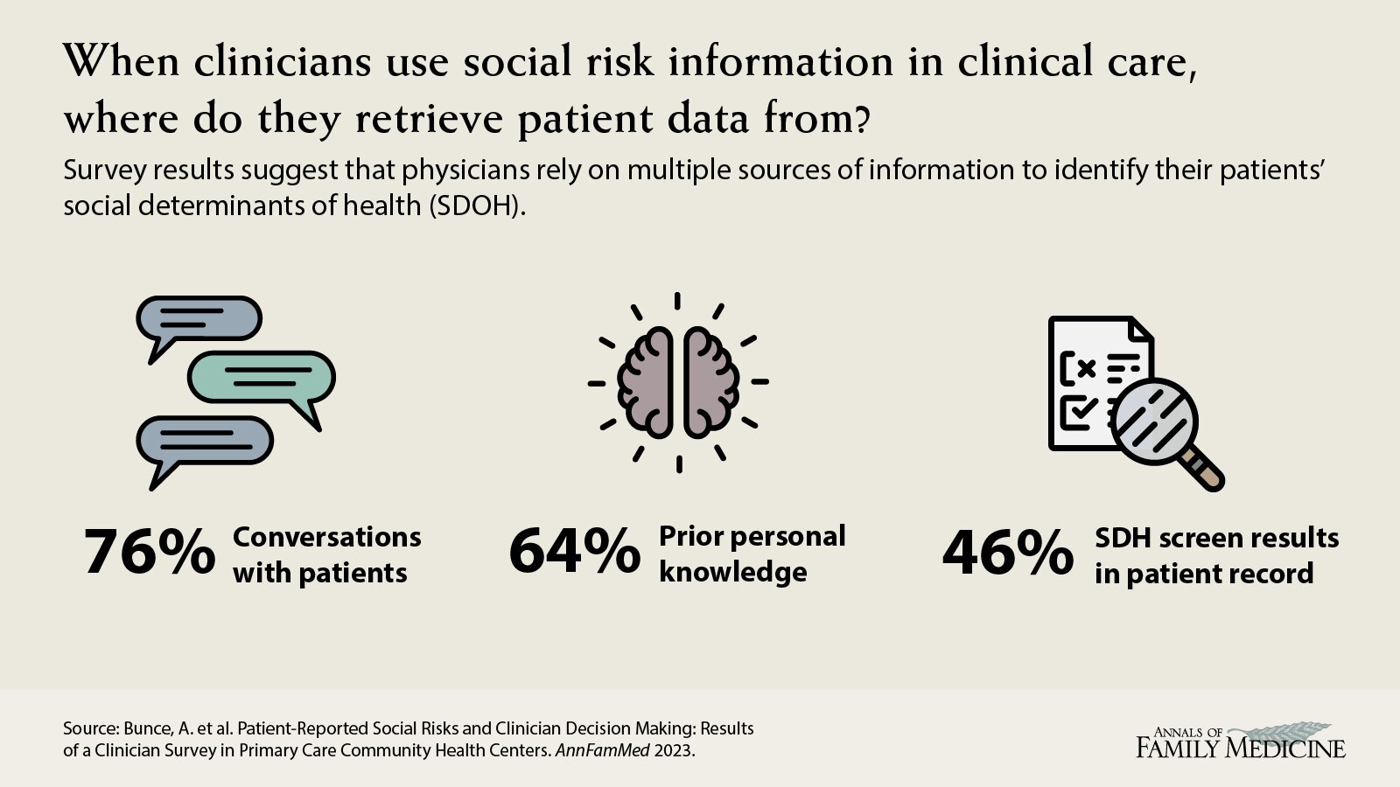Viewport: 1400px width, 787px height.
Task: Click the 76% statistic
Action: [x=149, y=554]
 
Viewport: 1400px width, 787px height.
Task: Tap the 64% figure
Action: [x=574, y=553]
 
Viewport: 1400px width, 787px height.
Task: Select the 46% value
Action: [x=1007, y=554]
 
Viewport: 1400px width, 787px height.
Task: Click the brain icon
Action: [x=678, y=382]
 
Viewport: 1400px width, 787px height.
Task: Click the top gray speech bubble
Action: [x=199, y=319]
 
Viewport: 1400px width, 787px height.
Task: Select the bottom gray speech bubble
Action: [x=205, y=441]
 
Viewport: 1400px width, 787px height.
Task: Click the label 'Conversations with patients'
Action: [x=326, y=554]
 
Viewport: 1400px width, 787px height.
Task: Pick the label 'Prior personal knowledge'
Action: [x=752, y=554]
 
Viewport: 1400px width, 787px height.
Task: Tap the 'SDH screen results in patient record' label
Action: [x=1216, y=555]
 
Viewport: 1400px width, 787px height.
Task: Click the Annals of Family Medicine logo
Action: [x=1241, y=742]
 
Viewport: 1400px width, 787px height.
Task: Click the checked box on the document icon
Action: [x=1074, y=408]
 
